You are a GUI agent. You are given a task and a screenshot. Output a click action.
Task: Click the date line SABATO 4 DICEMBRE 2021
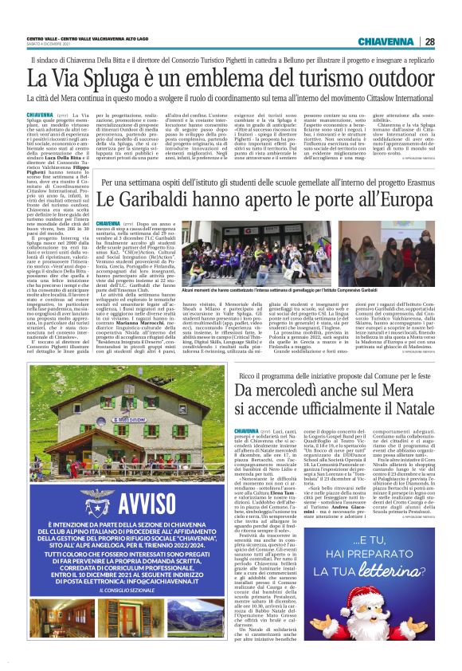pos(49,45)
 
